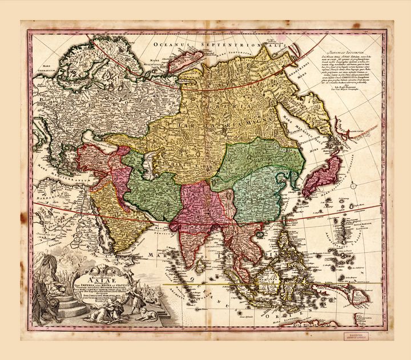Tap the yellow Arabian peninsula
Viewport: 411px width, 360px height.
[x=106, y=208]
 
